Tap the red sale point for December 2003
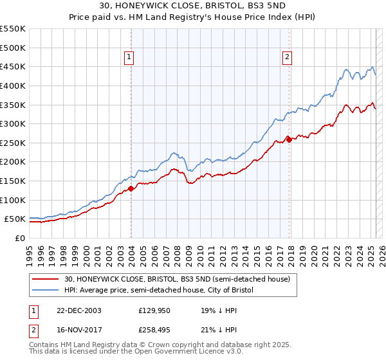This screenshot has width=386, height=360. point(131,188)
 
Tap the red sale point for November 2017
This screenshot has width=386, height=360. point(289,139)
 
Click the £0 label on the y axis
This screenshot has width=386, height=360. point(21,238)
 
